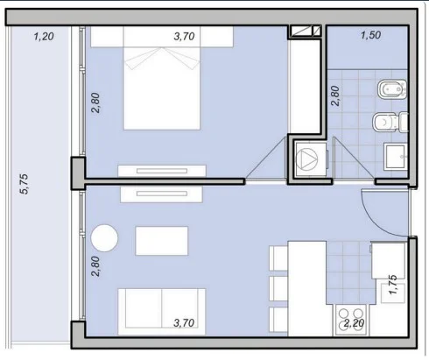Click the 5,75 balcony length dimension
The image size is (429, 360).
[x=24, y=184]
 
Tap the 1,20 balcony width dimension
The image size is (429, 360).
[x=44, y=37]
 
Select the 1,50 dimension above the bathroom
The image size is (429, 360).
[x=370, y=35]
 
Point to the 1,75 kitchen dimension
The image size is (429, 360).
[x=393, y=285]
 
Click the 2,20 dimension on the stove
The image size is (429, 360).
[x=354, y=323]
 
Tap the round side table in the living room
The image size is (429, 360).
[x=104, y=238]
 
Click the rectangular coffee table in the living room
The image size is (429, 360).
[x=162, y=241]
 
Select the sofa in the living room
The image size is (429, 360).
[x=162, y=311]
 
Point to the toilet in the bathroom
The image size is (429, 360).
[x=390, y=122]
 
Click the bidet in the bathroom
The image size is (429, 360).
[x=392, y=89]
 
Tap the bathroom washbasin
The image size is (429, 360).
[x=396, y=157]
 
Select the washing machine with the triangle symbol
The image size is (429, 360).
[x=311, y=159]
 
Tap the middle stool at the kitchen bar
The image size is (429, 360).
[x=278, y=288]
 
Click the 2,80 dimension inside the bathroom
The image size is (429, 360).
[x=335, y=95]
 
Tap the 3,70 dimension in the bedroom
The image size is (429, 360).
[x=184, y=37]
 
